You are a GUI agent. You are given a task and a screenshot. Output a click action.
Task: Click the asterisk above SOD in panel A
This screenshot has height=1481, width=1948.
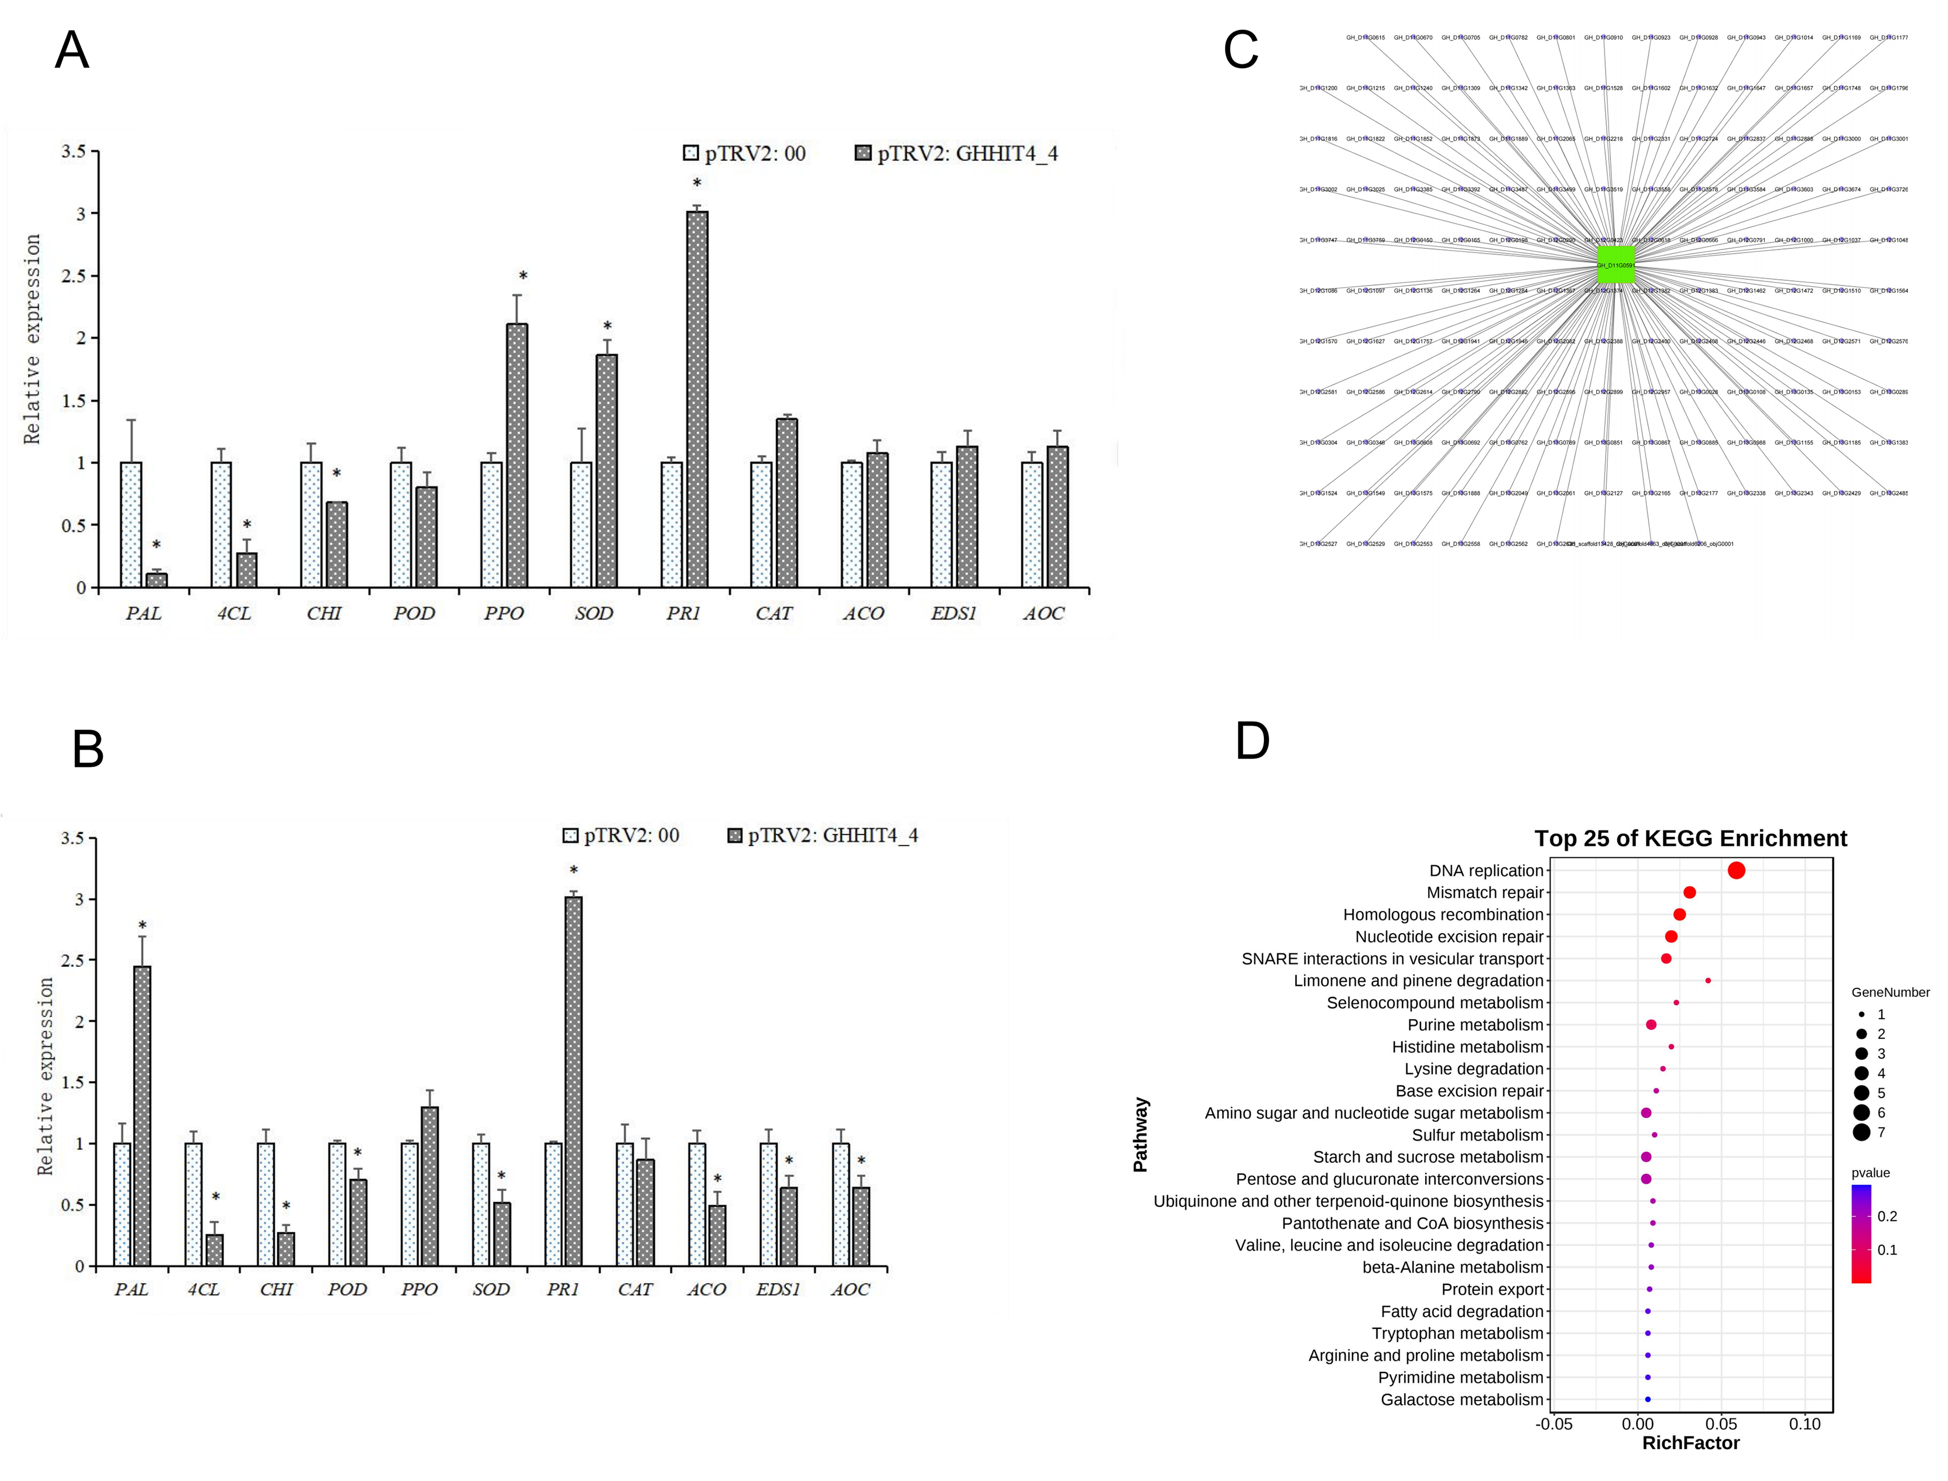(608, 326)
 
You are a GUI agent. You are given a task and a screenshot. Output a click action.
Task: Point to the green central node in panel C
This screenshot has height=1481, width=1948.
(1615, 265)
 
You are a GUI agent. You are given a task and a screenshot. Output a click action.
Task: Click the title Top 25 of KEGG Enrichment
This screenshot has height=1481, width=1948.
(1690, 839)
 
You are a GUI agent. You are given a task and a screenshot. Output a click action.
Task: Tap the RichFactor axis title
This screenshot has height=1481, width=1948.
(1690, 1443)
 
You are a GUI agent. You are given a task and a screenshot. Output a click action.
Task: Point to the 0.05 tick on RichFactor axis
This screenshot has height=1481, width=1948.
(1722, 1424)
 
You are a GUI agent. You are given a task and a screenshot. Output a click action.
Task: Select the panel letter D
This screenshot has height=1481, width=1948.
(1253, 740)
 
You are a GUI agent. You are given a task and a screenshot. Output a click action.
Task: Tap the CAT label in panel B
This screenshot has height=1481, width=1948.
(635, 1289)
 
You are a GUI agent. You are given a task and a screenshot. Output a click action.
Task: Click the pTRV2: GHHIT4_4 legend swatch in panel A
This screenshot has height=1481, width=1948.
(863, 153)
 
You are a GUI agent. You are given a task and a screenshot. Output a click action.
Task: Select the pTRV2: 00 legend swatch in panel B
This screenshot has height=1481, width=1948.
(571, 836)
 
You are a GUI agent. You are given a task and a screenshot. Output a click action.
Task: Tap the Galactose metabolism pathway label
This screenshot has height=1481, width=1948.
(1462, 1400)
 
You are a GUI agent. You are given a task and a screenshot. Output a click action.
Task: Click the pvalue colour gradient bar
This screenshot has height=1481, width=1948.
(1862, 1234)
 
